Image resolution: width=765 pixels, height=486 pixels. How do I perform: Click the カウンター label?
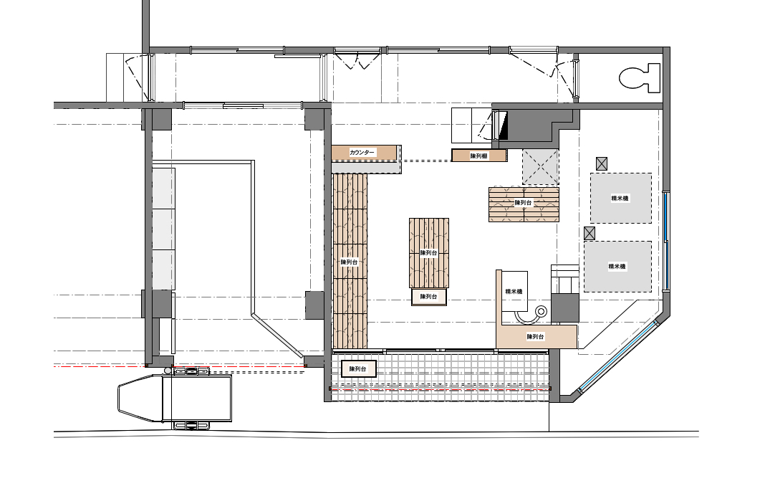coord(362,153)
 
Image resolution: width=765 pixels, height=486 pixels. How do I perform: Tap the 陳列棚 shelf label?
coord(479,156)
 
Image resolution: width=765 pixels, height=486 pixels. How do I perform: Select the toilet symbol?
coord(640,77)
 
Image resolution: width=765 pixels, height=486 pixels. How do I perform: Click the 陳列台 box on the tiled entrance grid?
coord(359,368)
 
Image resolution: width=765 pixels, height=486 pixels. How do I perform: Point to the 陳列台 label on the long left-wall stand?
coord(349,262)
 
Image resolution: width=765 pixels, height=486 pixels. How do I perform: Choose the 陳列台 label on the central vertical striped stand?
coord(428,253)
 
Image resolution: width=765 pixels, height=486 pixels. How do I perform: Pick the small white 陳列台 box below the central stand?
coord(429,297)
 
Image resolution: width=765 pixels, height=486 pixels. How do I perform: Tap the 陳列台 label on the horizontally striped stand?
coord(523,202)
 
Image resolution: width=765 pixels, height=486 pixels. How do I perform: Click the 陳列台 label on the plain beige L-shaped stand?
coord(535,336)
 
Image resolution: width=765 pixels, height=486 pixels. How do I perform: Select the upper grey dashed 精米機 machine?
coord(620,198)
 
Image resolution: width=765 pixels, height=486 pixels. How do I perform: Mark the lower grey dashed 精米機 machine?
coord(617,266)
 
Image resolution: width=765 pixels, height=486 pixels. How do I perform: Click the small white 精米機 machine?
coord(514,292)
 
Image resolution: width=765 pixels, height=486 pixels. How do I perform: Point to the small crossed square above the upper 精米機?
coord(602,163)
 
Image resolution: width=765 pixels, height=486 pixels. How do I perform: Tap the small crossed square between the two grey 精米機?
coord(590,233)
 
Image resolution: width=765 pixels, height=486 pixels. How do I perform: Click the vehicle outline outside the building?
coord(175,398)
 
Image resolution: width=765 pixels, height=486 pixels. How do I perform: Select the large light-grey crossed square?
coord(541,167)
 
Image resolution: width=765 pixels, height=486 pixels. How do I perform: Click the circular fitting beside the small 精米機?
coord(541,311)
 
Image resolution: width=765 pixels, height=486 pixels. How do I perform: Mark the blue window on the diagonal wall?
coord(620,356)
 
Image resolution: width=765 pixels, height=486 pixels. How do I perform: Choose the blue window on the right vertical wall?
coord(666,242)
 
